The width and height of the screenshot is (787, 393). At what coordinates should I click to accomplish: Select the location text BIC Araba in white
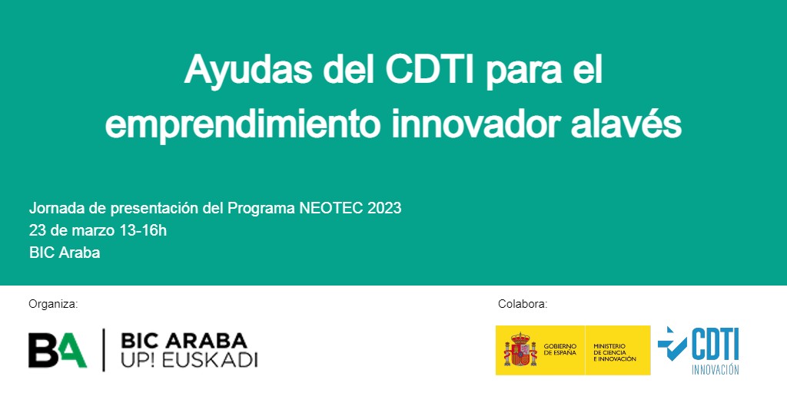click(x=65, y=253)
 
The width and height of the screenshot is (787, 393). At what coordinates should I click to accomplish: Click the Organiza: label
click(x=53, y=304)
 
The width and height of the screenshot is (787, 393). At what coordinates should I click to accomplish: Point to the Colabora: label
click(x=523, y=304)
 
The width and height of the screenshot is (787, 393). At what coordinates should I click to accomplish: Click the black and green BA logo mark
click(x=58, y=350)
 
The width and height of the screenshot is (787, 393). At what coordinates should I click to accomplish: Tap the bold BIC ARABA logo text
click(x=184, y=340)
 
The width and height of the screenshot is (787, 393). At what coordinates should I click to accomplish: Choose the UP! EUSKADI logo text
click(x=189, y=361)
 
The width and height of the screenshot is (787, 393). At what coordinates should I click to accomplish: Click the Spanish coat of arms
click(x=520, y=351)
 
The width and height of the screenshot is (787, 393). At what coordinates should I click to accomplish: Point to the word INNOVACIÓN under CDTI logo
click(x=715, y=370)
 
